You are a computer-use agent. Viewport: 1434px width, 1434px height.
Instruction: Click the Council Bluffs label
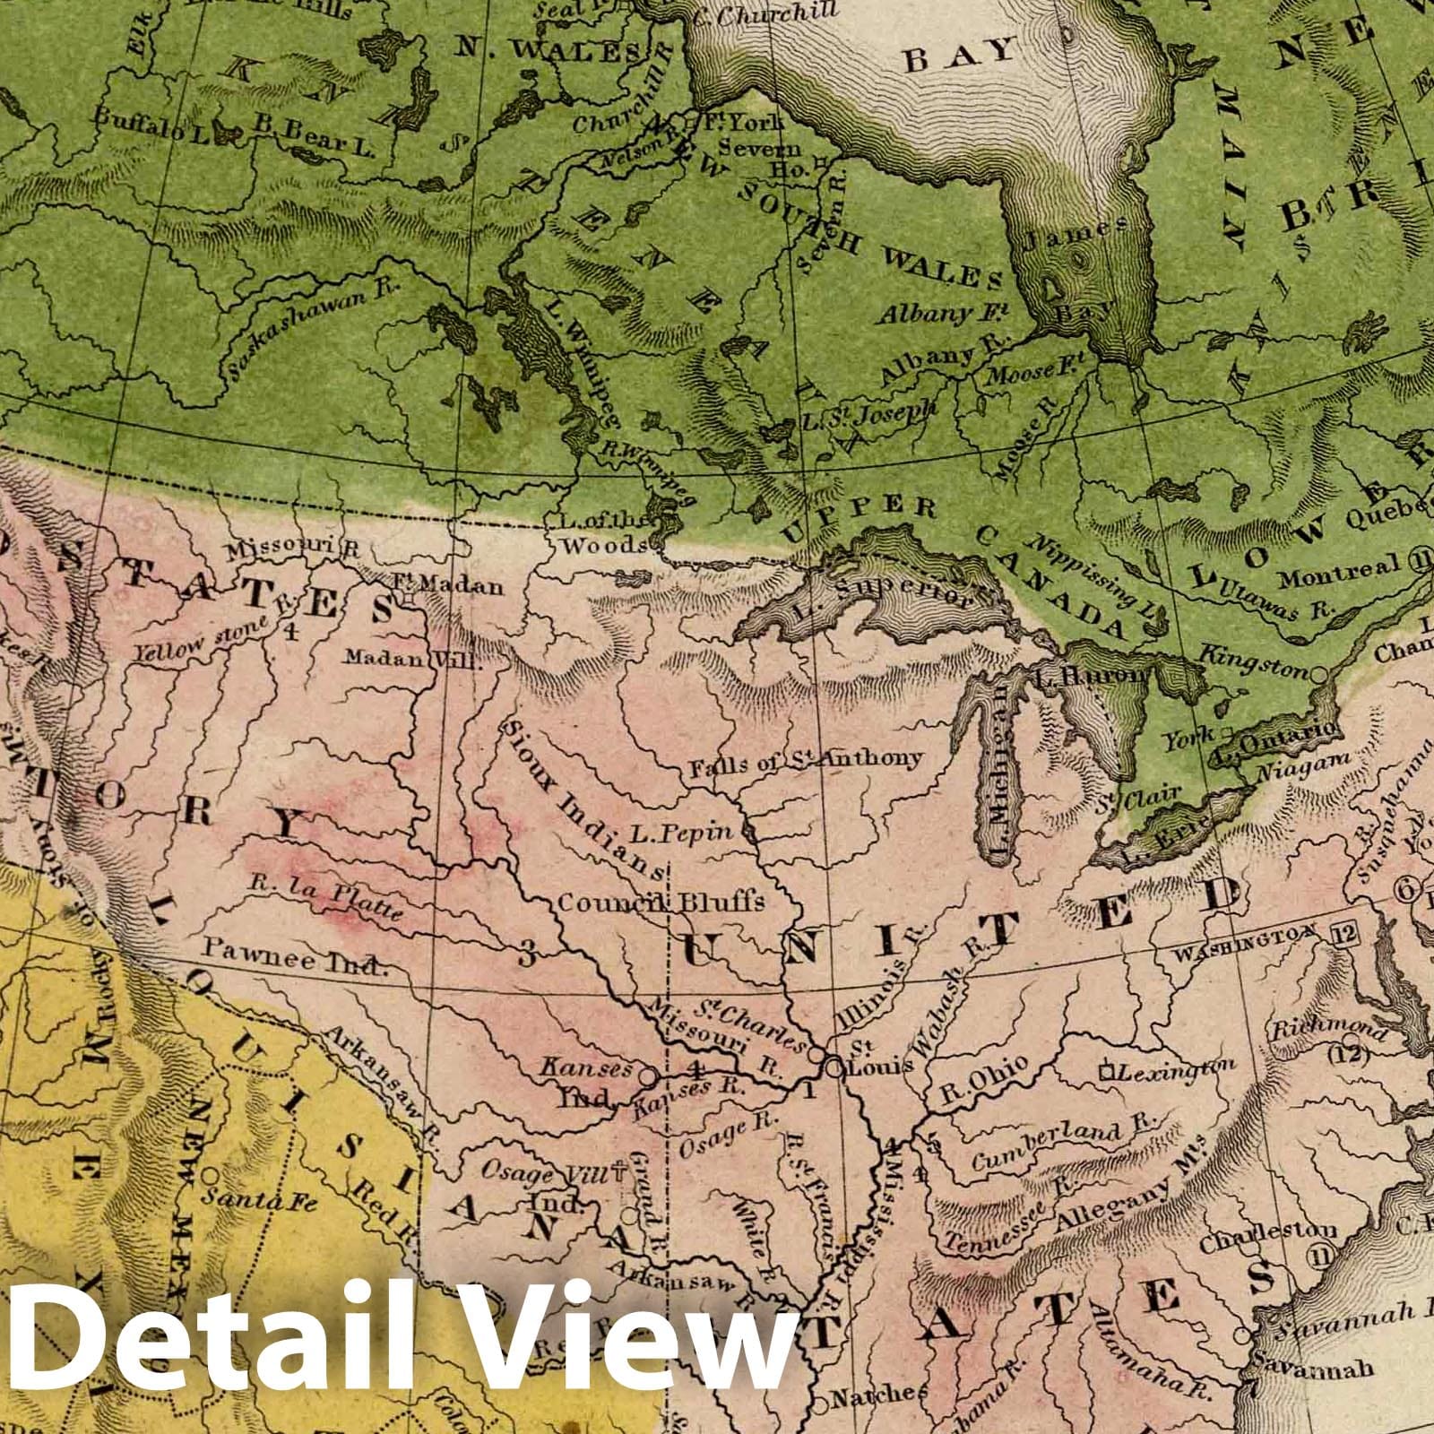coord(661,902)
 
